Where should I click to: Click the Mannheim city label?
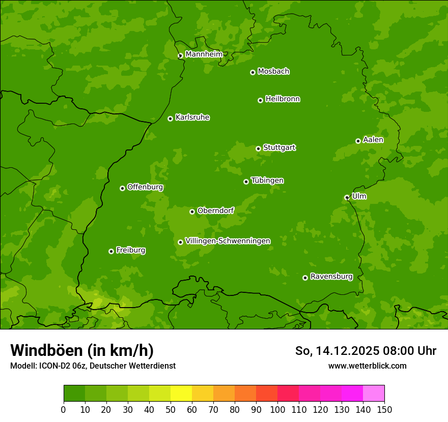204,54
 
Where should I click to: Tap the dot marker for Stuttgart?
258,148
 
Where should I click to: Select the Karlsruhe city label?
192,117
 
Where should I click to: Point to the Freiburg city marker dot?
111,251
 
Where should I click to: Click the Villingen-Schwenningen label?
228,241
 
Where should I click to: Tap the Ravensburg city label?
331,277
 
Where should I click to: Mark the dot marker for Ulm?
347,197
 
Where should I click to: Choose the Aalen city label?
373,140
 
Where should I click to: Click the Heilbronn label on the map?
283,99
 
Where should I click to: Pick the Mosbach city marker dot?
253,72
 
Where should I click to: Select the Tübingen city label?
267,180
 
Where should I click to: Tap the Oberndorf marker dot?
192,212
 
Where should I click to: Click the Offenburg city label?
145,187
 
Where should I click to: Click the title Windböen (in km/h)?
82,350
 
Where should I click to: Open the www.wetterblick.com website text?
367,366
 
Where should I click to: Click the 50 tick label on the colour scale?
171,409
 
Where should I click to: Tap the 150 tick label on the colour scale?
384,409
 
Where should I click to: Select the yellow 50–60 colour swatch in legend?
181,394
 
